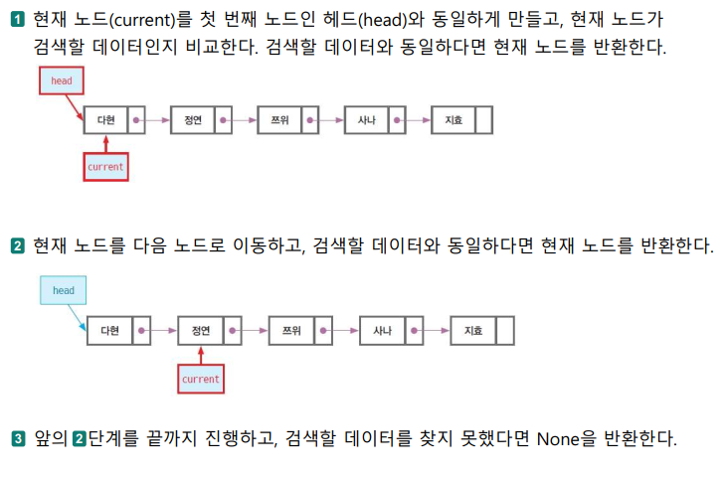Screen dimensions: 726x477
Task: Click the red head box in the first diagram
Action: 62,80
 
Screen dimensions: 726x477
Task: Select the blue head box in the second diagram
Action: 64,291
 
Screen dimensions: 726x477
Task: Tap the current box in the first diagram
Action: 105,167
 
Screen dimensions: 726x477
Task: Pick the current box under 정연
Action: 201,379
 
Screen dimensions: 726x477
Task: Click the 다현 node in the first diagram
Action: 105,120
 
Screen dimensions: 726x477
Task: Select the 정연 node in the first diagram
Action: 192,120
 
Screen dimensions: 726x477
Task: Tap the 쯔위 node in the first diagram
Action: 278,120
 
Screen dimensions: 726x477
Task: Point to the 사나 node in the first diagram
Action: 366,120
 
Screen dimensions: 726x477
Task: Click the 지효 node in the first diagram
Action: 454,120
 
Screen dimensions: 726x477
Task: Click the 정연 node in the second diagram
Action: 200,330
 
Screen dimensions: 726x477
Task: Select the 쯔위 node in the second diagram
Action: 290,330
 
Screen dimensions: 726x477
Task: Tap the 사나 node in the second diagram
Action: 382,330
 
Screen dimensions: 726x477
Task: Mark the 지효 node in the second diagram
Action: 472,330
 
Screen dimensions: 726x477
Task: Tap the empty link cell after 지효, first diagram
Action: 484,120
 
